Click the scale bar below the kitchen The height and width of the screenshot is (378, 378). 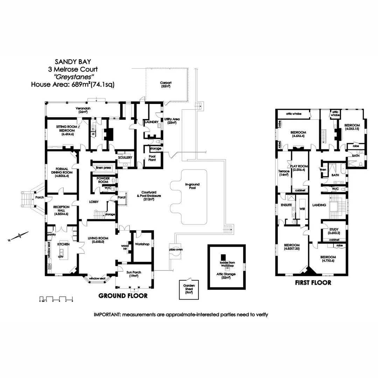(56, 299)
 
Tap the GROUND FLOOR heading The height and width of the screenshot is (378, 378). (123, 296)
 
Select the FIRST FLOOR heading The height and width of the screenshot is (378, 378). (313, 283)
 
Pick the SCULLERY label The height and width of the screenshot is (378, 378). (125, 157)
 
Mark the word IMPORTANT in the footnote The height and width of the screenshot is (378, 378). (106, 315)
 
